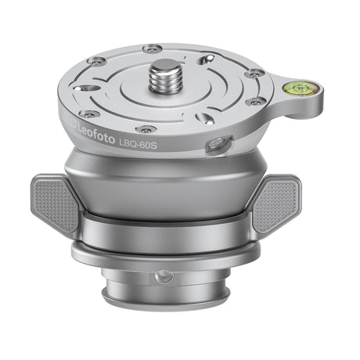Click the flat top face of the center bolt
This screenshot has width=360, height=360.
point(169,67)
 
